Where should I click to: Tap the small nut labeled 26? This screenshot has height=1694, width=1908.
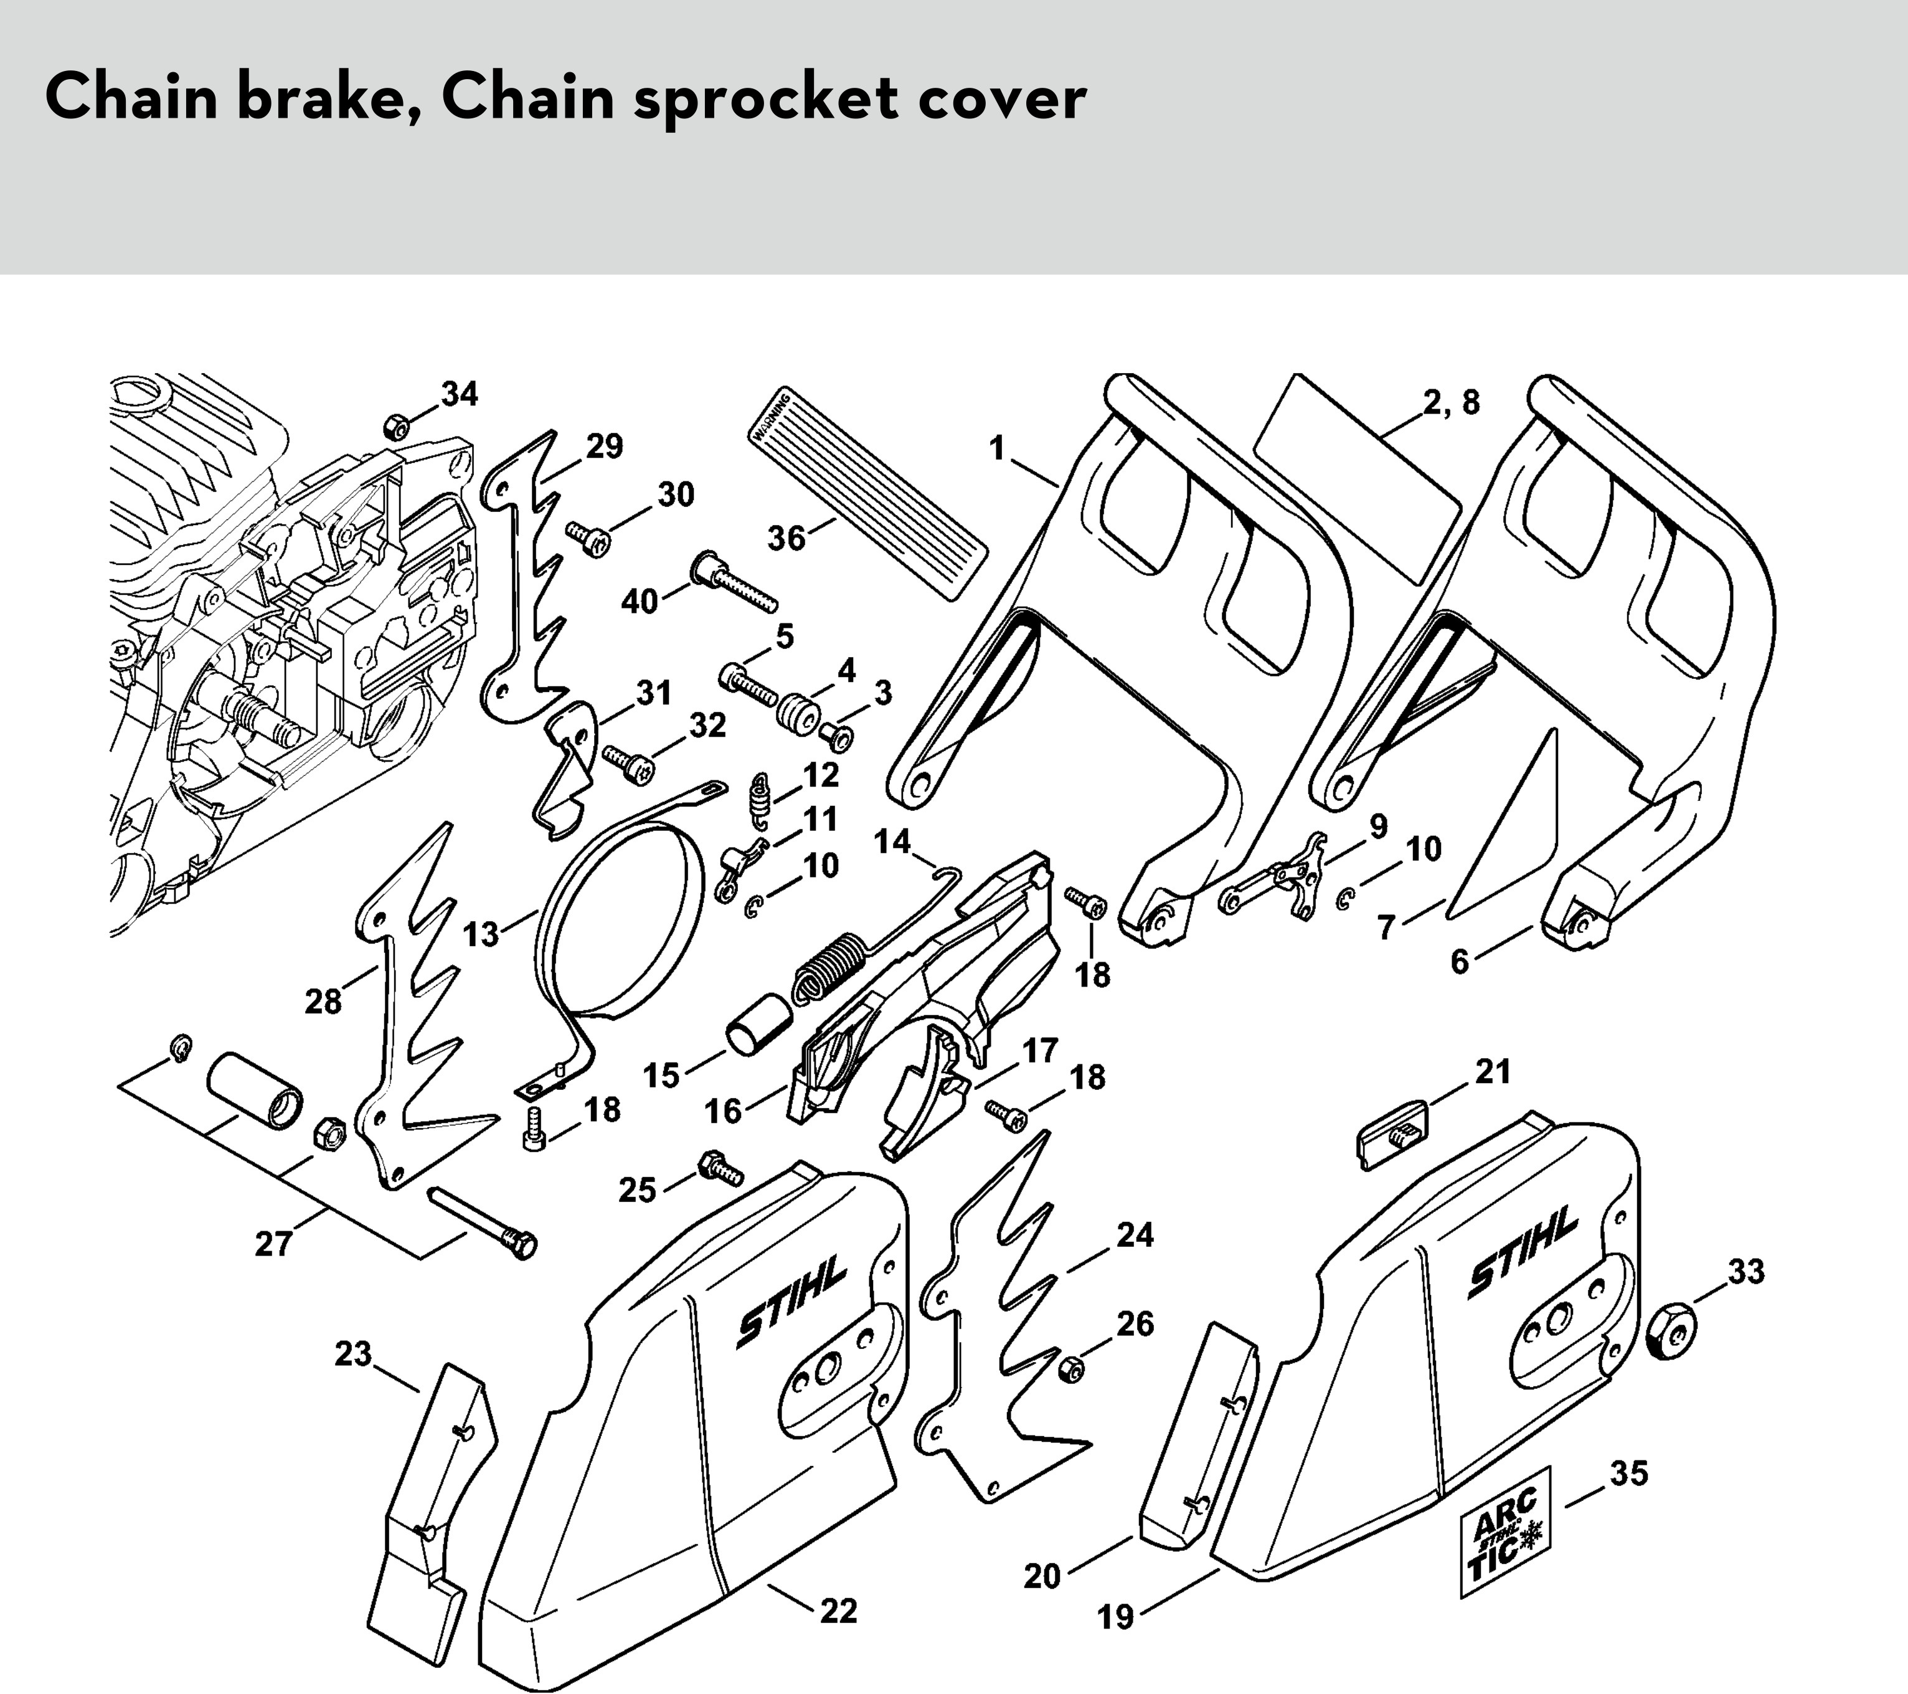pyautogui.click(x=1072, y=1369)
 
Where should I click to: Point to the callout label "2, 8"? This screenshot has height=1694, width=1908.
pyautogui.click(x=1452, y=402)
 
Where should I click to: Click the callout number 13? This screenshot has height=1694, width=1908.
pyautogui.click(x=481, y=934)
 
